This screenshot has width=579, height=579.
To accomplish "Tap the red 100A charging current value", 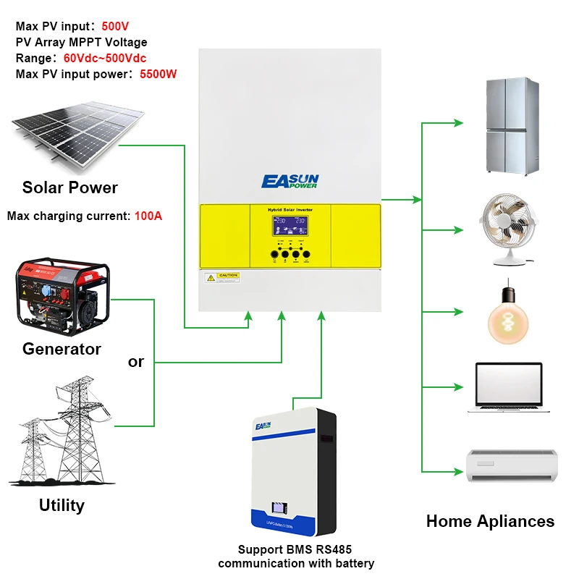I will coord(148,216).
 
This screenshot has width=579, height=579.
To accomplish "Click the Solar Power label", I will coord(70,188).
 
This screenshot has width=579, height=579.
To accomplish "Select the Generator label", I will coord(62,349).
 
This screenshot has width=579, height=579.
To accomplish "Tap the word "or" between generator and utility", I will coord(136,361).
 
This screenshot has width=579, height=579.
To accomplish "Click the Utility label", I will coord(62,505).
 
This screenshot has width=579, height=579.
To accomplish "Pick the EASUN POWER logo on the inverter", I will coord(289,181).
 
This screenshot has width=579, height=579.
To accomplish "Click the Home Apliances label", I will coord(490,521).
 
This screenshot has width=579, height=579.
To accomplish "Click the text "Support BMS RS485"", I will coord(296,549).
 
